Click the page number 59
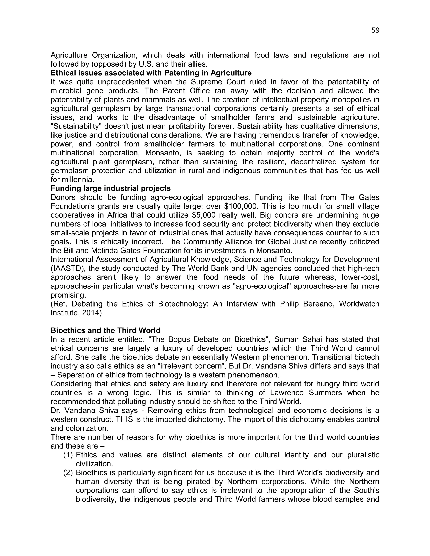(375, 30)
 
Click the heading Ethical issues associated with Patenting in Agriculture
(151, 73)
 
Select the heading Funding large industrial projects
(111, 188)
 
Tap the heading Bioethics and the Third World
(105, 330)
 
